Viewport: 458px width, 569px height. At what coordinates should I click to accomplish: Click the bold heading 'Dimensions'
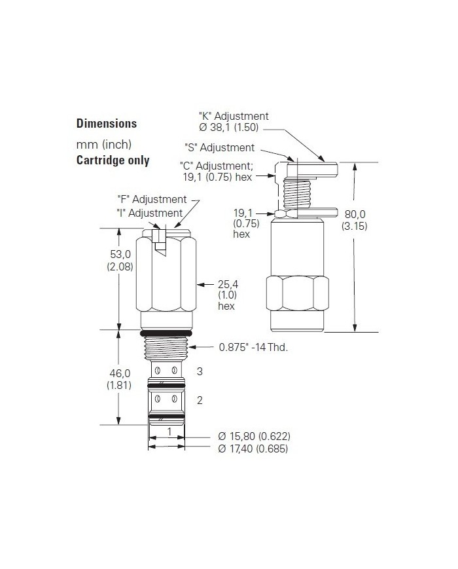(x=107, y=123)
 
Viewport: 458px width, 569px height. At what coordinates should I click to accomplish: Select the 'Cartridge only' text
(x=113, y=160)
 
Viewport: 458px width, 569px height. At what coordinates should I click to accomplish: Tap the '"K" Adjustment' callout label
(x=234, y=116)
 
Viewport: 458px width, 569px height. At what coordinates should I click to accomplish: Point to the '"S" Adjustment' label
(x=219, y=148)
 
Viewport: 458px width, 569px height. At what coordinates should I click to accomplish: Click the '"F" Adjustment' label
(x=151, y=199)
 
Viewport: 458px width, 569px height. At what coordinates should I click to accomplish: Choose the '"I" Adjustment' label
(x=150, y=213)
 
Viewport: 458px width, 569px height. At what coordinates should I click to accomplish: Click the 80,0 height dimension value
(x=355, y=214)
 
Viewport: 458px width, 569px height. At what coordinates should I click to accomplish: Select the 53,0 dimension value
(x=119, y=255)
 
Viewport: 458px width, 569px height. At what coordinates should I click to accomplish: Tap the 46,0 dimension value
(x=119, y=373)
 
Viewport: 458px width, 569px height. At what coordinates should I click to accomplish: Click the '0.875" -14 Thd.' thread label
(x=253, y=348)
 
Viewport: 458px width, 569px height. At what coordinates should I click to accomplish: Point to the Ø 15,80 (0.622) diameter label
(x=253, y=436)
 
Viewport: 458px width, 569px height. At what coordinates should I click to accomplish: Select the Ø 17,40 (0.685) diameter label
(x=253, y=449)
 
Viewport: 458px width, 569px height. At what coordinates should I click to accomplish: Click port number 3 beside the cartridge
(x=200, y=371)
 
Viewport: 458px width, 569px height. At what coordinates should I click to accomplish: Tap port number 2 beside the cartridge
(x=200, y=400)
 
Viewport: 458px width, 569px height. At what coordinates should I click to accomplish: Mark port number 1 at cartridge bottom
(x=169, y=432)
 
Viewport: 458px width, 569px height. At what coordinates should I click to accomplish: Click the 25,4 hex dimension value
(x=226, y=284)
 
